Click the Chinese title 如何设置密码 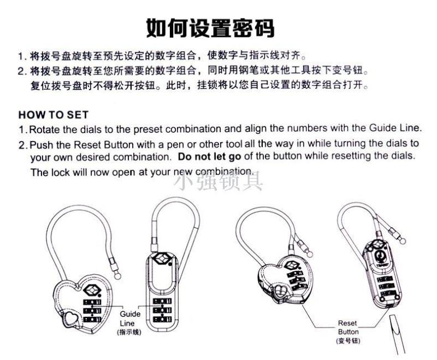(x=210, y=28)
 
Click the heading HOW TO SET (x=54, y=115)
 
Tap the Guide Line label (x=129, y=318)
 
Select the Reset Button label (x=348, y=327)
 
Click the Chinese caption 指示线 (x=129, y=332)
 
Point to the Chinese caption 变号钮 (x=349, y=340)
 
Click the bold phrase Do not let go (x=209, y=157)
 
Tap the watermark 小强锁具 (x=218, y=181)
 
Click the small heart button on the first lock (x=70, y=319)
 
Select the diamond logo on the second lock (x=162, y=258)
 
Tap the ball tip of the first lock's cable (x=118, y=276)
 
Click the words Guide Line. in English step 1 (x=394, y=128)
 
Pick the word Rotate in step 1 (x=45, y=129)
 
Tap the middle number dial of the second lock (x=162, y=310)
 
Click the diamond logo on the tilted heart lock (x=293, y=265)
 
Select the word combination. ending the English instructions (x=225, y=172)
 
